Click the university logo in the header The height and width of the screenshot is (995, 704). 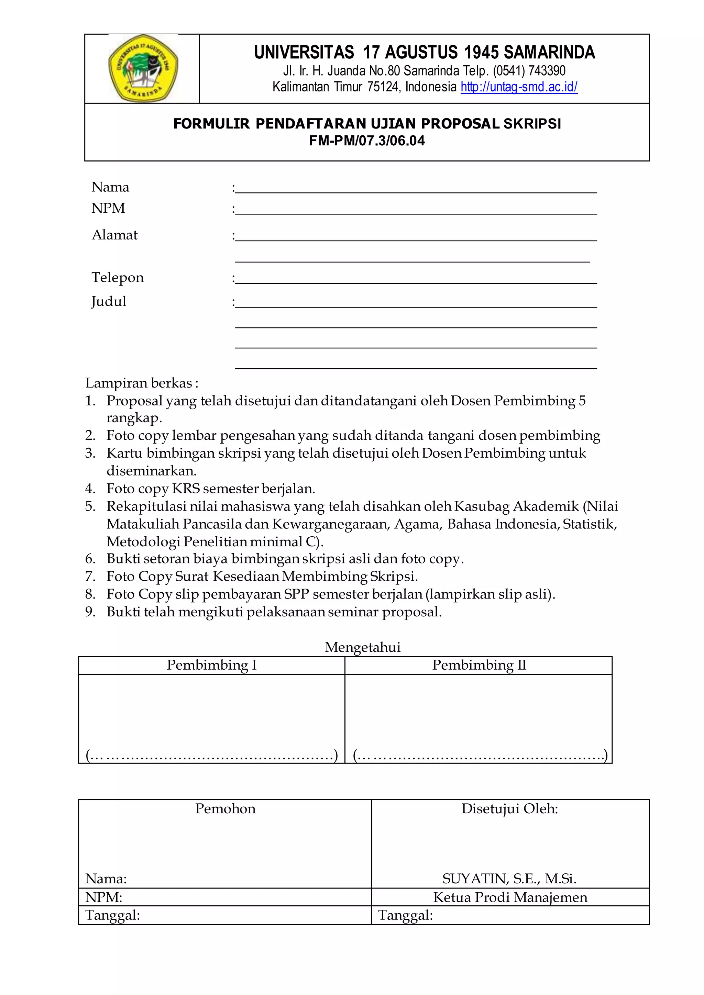tap(143, 68)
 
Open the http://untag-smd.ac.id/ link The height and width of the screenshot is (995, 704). tap(519, 87)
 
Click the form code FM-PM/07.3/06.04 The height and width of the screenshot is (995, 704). tap(367, 141)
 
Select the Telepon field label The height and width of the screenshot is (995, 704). tap(118, 277)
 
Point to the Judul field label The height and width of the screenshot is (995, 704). tap(109, 301)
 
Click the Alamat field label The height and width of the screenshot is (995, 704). tap(114, 235)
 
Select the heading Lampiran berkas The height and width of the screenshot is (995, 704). tap(141, 383)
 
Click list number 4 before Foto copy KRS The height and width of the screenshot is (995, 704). tap(90, 489)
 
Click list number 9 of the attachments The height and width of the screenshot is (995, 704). tap(90, 612)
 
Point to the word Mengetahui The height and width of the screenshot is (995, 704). tap(362, 647)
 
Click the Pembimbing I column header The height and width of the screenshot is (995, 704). tap(211, 665)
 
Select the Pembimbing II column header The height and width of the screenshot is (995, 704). tap(478, 665)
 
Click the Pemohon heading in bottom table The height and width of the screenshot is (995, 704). tap(225, 809)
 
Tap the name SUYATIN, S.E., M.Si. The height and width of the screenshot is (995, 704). tap(509, 879)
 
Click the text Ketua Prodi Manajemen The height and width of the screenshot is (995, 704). tap(510, 897)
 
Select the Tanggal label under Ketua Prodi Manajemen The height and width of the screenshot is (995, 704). tap(405, 915)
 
